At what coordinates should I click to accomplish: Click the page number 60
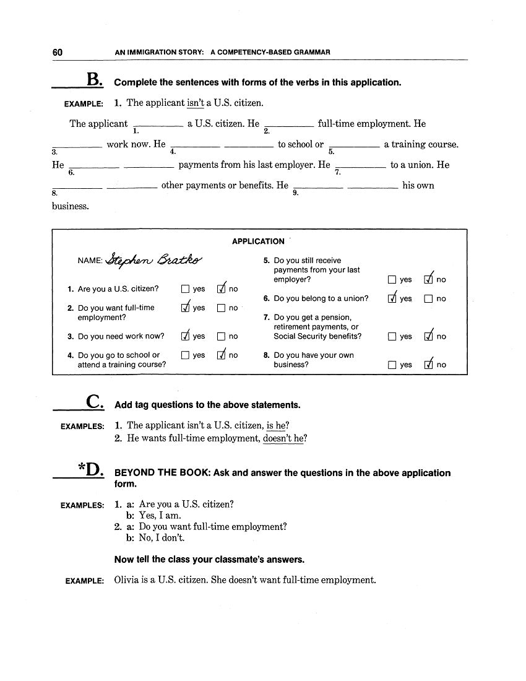(57, 53)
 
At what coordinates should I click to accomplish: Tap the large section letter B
(94, 80)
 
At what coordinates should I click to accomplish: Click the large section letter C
(94, 402)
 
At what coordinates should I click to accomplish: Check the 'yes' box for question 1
(185, 289)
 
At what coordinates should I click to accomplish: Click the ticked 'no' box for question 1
(221, 289)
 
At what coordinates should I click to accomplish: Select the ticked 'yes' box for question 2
(185, 308)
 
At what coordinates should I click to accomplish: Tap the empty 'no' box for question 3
(221, 337)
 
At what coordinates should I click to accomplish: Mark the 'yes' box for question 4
(185, 355)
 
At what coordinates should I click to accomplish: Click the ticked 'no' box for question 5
(428, 280)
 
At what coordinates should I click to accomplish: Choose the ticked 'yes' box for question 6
(392, 298)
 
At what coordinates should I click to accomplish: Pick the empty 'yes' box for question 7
(392, 337)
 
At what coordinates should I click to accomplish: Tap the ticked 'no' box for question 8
(428, 365)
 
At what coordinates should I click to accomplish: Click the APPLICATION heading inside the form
(258, 241)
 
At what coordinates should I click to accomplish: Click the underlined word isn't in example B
(196, 103)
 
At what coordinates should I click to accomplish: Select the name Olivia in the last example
(128, 580)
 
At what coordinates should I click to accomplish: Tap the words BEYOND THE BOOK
(171, 473)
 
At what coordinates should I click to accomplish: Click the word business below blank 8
(71, 206)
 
